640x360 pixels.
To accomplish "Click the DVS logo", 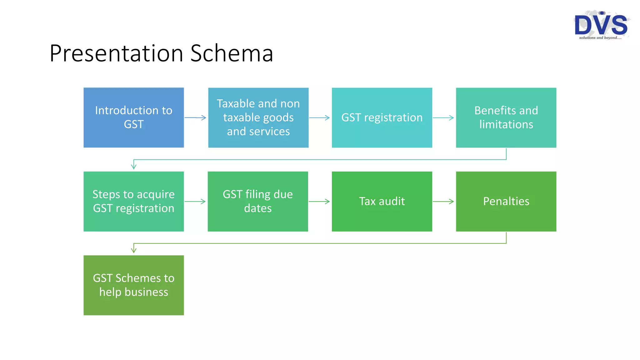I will [x=601, y=24].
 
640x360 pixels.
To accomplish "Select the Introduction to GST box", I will [x=133, y=117].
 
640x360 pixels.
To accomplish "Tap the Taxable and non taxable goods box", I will [x=258, y=117].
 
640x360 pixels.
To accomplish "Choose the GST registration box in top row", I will [x=382, y=117].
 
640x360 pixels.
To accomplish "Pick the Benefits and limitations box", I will [x=506, y=117].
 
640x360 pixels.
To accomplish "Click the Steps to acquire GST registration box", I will [x=133, y=201].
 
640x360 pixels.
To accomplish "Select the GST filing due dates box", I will [x=257, y=201].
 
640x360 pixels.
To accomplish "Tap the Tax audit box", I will [x=382, y=201].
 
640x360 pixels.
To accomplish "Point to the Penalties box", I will [x=506, y=201].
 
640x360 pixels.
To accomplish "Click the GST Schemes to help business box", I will [x=133, y=285].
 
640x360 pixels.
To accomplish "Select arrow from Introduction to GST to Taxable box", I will [x=195, y=118].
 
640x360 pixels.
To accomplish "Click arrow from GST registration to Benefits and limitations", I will [x=443, y=118].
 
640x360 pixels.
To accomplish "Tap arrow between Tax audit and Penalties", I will [x=443, y=202].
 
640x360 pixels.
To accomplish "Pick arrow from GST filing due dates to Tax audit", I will [x=319, y=202].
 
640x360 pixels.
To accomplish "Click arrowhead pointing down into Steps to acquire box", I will [x=134, y=166].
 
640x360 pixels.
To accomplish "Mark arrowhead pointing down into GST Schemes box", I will [x=134, y=249].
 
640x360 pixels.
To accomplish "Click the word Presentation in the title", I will [x=116, y=53].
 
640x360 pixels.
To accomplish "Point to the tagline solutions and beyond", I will [x=600, y=38].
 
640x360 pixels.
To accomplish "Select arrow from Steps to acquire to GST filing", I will [x=195, y=202].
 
